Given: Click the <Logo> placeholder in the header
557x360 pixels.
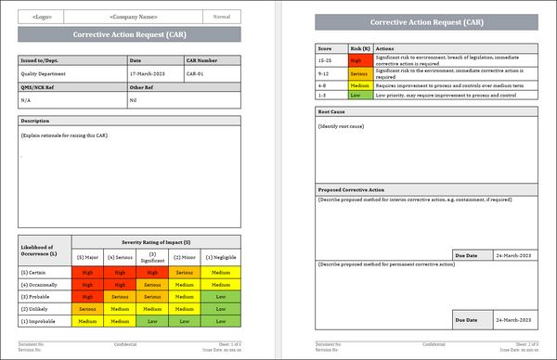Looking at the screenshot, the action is click(42, 17).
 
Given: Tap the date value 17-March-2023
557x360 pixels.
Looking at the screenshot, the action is click(147, 72).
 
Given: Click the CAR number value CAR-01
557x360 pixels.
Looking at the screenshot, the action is click(196, 72).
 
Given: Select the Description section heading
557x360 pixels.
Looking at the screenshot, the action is click(35, 121).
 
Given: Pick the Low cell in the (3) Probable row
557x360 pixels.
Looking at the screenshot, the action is click(219, 297).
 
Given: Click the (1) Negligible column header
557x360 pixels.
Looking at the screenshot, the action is click(219, 255).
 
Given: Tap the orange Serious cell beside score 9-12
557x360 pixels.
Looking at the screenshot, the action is click(358, 71).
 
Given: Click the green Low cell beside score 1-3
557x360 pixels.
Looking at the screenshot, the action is click(358, 95).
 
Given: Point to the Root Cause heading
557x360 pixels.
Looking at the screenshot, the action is click(332, 112).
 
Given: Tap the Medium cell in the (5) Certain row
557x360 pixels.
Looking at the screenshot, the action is click(219, 273).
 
